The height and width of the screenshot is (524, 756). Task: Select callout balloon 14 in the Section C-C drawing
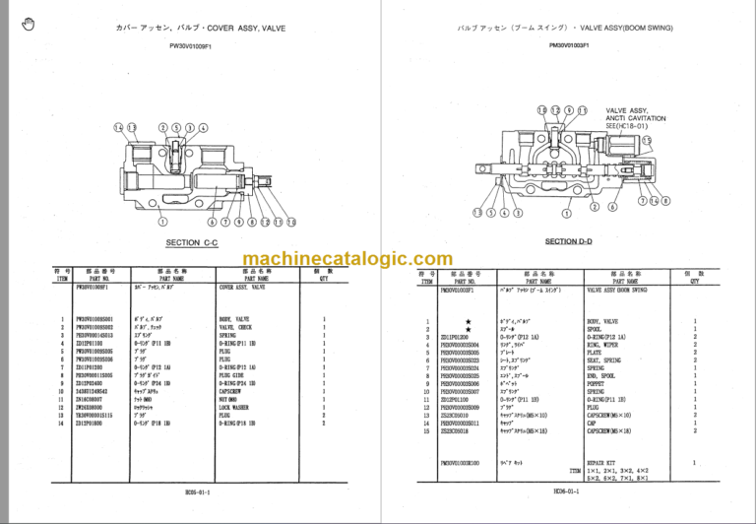click(118, 128)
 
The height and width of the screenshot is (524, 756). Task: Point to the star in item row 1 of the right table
click(470, 322)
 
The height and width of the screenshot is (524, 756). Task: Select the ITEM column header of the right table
click(426, 281)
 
